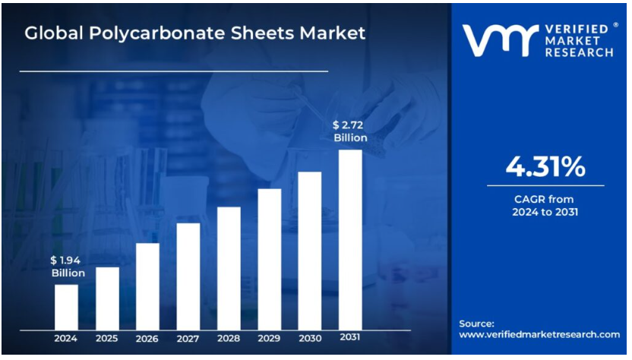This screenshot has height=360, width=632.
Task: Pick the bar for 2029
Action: pos(270,258)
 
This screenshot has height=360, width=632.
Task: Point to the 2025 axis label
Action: pos(107,338)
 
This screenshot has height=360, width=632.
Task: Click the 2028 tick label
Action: pos(229,338)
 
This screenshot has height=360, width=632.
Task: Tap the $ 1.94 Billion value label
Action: pos(66,267)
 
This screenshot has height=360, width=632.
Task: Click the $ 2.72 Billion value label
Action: pos(350,131)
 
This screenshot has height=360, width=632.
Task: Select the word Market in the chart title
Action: pos(330,33)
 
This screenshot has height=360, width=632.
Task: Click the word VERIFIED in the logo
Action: pos(577,29)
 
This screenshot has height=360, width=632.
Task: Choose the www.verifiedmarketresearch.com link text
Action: pos(539,334)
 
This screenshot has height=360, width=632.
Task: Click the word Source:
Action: pos(477,323)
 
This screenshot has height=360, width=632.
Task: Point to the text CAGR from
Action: pos(545,199)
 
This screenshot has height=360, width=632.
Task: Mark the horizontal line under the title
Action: pos(173,71)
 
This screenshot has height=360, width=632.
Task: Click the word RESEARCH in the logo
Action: pos(579,52)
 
